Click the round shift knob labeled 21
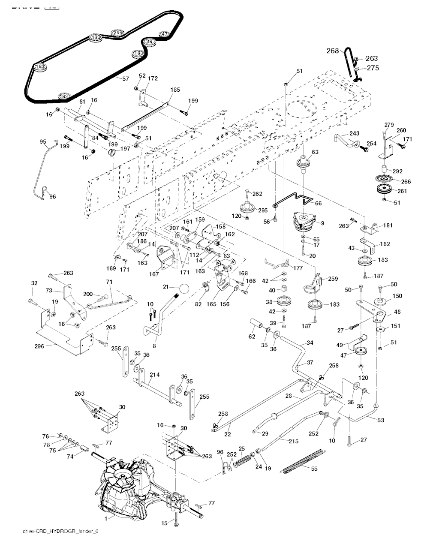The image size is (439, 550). pos(184,289)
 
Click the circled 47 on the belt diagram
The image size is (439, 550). pos(165,34)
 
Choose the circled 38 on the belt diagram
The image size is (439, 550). pos(149,41)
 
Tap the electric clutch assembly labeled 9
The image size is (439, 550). pos(304,221)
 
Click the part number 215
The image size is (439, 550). pos(294,440)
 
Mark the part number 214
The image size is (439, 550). pos(154,375)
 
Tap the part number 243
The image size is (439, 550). pos(355,133)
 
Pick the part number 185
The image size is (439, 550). pos(175,90)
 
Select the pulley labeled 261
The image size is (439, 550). pos(384,190)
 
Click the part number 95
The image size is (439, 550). pos(43,141)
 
